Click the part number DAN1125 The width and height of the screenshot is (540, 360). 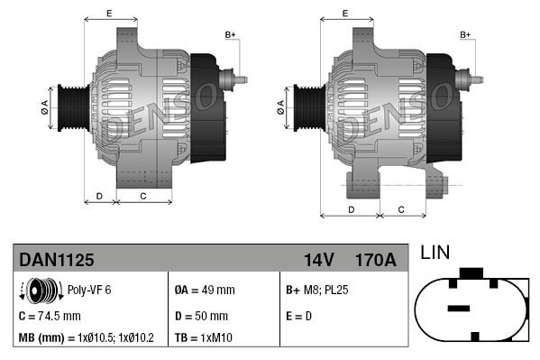[x=56, y=260]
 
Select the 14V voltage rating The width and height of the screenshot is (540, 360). [x=318, y=260]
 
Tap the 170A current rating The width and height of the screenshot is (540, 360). [x=375, y=260]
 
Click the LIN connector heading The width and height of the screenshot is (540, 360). [x=435, y=253]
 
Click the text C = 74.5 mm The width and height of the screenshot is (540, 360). [x=50, y=316]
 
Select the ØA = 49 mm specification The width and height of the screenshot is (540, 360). [x=204, y=291]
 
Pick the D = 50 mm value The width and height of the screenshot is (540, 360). [x=201, y=316]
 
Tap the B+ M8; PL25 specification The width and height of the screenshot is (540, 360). [x=316, y=291]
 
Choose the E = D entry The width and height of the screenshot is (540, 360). [x=299, y=316]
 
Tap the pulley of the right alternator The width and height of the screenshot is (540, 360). [x=305, y=109]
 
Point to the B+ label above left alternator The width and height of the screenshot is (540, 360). [x=229, y=34]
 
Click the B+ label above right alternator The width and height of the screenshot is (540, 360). [x=465, y=34]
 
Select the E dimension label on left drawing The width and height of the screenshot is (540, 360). [x=109, y=13]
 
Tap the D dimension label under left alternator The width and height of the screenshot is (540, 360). [x=99, y=195]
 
